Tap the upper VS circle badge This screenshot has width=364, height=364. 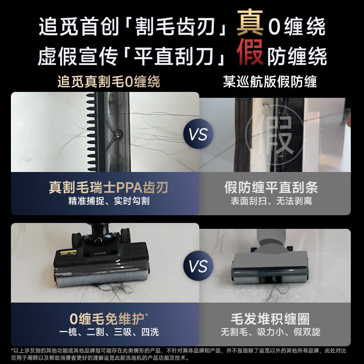(x=198, y=135)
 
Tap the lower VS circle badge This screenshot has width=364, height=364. (x=198, y=266)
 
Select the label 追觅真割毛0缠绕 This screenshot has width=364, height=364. (x=109, y=82)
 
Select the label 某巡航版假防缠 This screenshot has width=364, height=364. (x=270, y=82)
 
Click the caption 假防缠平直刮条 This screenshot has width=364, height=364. (x=271, y=187)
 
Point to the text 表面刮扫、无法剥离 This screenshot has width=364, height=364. (x=271, y=202)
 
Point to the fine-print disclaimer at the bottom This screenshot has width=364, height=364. (x=182, y=354)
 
